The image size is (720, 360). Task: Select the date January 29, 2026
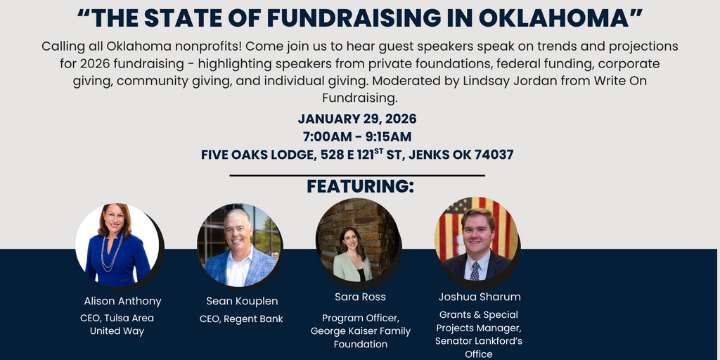coord(357,118)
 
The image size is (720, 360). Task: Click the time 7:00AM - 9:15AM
coord(357,136)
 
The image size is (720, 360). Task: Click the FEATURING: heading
coord(360,186)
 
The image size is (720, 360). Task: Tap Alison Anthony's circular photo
coord(117,243)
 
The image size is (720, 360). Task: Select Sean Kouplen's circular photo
coord(238,246)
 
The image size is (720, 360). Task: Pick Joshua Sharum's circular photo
coord(475,239)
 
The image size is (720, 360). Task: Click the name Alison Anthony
coord(122,301)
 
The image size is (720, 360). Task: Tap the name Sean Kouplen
coord(242,301)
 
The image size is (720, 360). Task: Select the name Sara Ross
coord(360,297)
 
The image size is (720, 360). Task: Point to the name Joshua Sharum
coord(480,297)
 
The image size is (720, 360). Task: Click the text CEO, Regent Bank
coord(242,319)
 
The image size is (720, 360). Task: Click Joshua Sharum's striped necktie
coord(475,271)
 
